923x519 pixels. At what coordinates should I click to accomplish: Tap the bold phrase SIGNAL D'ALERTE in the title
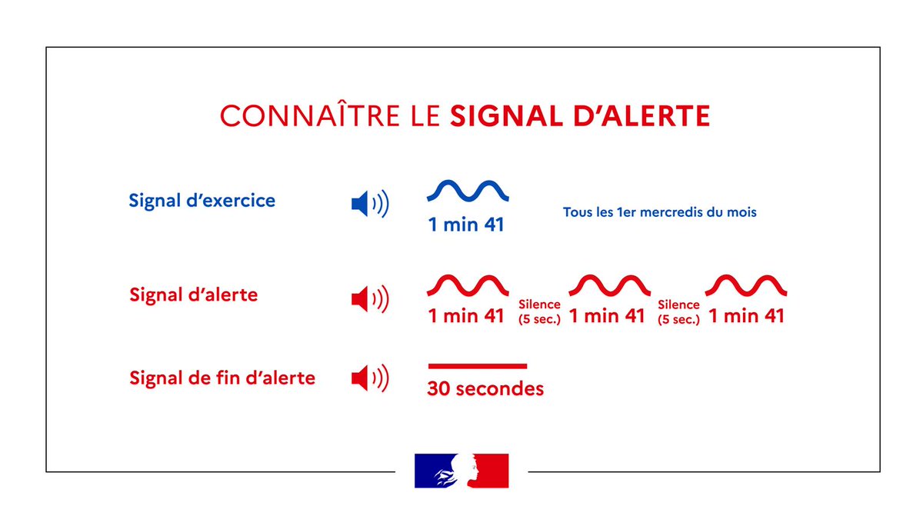click(x=579, y=115)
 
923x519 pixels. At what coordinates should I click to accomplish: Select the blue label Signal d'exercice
click(x=202, y=201)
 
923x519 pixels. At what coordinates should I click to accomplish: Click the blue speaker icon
click(x=369, y=204)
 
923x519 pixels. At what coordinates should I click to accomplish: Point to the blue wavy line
click(x=468, y=191)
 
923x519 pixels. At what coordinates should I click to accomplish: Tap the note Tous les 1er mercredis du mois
click(x=659, y=211)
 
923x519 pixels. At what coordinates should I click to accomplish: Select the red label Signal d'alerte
click(x=193, y=294)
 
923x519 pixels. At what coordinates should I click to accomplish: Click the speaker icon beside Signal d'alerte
click(x=369, y=298)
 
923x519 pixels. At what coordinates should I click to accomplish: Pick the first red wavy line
click(x=468, y=284)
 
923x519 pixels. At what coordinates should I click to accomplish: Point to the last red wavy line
click(x=746, y=284)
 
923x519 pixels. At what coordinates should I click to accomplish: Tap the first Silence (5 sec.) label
click(x=539, y=312)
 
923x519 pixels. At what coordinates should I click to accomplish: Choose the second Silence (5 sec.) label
click(x=678, y=312)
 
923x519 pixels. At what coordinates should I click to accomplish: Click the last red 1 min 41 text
click(x=746, y=316)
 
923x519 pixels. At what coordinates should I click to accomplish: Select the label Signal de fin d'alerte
click(x=222, y=378)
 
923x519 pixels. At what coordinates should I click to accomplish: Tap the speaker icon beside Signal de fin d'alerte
click(x=369, y=378)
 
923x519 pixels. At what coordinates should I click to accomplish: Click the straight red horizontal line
click(x=477, y=366)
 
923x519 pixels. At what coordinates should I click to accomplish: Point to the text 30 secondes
click(x=485, y=389)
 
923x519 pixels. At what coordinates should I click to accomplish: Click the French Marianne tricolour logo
click(x=461, y=471)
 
